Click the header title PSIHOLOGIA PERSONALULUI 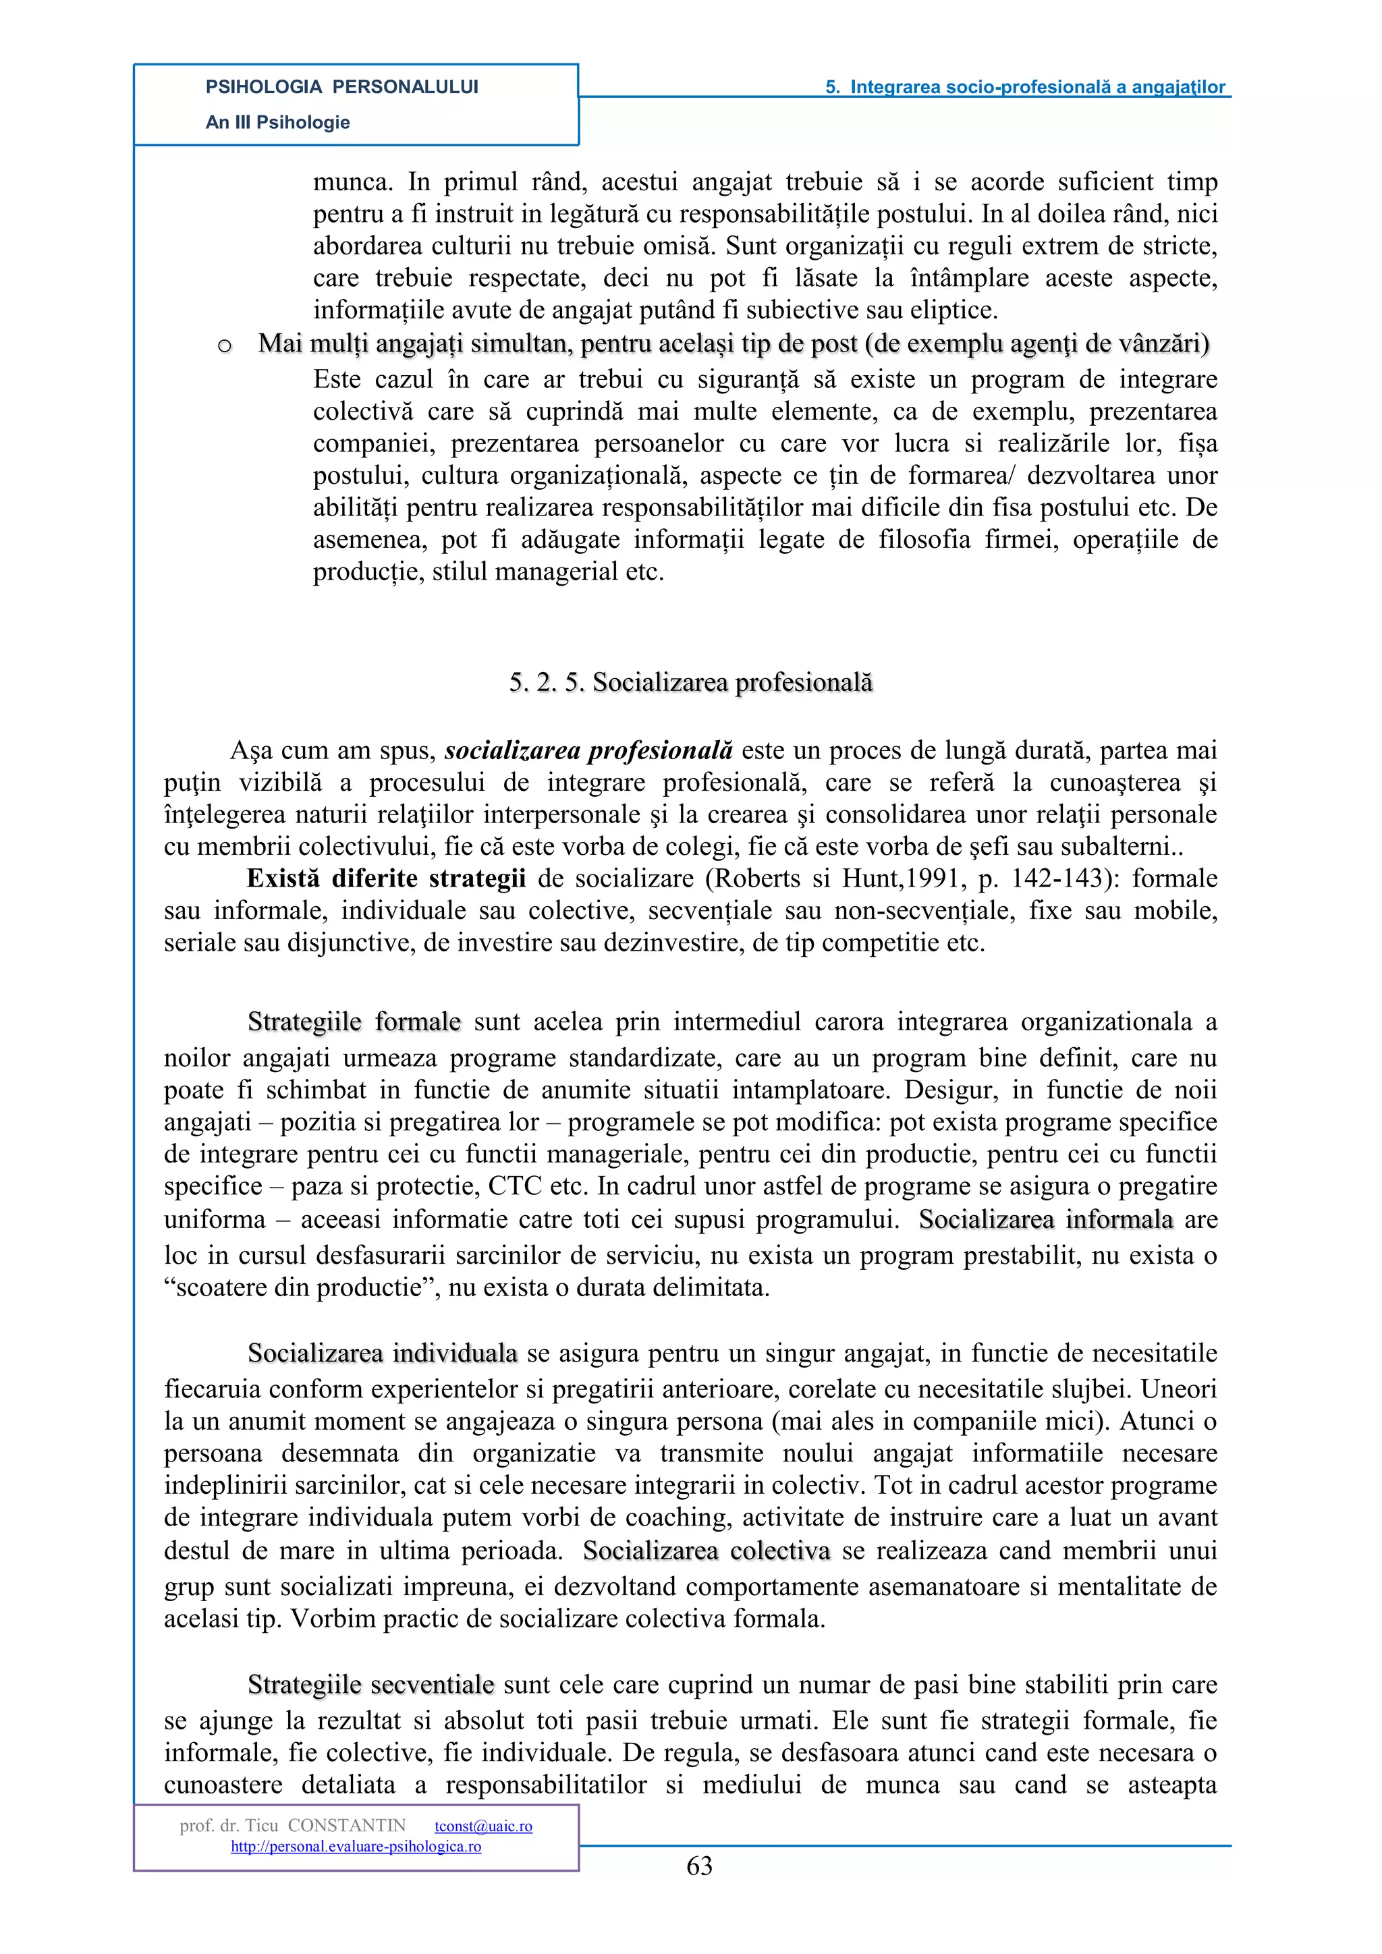pyautogui.click(x=341, y=87)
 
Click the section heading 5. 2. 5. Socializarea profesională pyautogui.click(x=690, y=683)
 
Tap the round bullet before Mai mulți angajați pyautogui.click(x=225, y=345)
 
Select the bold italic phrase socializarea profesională pyautogui.click(x=588, y=750)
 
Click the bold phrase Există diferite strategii pyautogui.click(x=385, y=878)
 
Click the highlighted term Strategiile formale pyautogui.click(x=354, y=1022)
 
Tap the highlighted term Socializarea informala pyautogui.click(x=1045, y=1219)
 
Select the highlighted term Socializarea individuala pyautogui.click(x=382, y=1353)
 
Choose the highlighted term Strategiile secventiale pyautogui.click(x=370, y=1685)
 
